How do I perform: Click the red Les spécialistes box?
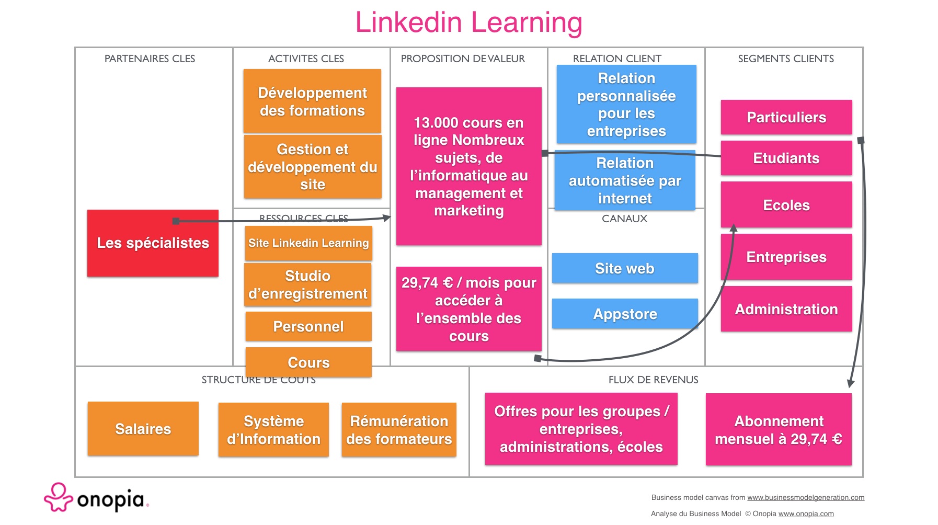click(153, 243)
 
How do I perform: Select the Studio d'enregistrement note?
click(308, 284)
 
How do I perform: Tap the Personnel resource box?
click(308, 326)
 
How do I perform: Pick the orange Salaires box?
click(143, 429)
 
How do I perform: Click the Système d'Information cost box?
click(273, 430)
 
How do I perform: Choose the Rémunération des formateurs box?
click(399, 430)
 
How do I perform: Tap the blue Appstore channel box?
click(625, 314)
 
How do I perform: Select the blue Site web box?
click(625, 268)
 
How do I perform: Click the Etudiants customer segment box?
click(786, 158)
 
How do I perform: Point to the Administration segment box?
click(786, 309)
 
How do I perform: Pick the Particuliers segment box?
click(786, 117)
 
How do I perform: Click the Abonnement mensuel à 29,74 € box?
click(779, 430)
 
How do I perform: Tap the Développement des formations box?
click(312, 101)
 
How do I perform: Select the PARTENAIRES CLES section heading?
click(150, 59)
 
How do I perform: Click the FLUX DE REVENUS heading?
click(653, 380)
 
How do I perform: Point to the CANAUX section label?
click(624, 219)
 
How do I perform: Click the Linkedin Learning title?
click(468, 22)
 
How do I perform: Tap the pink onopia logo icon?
click(58, 497)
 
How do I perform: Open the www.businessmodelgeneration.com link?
click(806, 498)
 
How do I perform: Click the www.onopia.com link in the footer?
click(806, 514)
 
